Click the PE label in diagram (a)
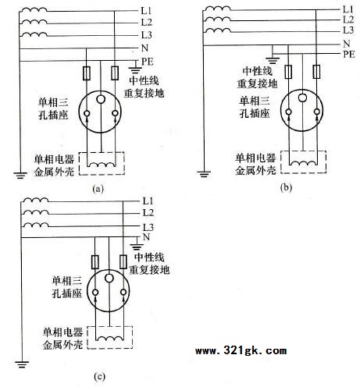click(x=148, y=62)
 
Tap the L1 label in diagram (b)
click(x=348, y=9)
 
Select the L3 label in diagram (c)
click(x=148, y=227)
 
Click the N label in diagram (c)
click(x=146, y=237)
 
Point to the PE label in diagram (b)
click(x=349, y=55)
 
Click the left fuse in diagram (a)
click(x=87, y=73)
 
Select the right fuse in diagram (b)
click(x=316, y=72)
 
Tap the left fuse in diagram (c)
click(x=95, y=262)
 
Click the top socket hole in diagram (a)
click(x=101, y=99)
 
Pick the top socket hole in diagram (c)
click(x=109, y=278)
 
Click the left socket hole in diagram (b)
click(x=288, y=112)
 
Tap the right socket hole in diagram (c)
click(x=123, y=293)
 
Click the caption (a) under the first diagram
click(x=98, y=189)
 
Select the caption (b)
click(x=286, y=187)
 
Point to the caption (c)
click(x=100, y=377)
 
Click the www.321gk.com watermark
click(x=241, y=350)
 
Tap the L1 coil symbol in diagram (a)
click(x=34, y=9)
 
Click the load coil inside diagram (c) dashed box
click(x=109, y=339)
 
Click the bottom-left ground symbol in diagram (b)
click(x=204, y=174)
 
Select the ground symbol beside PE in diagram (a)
click(x=135, y=69)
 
